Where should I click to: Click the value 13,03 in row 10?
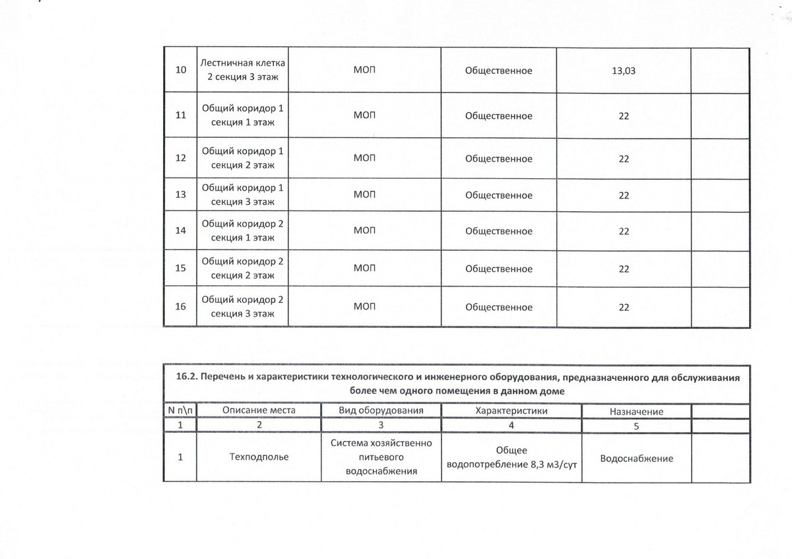click(x=623, y=71)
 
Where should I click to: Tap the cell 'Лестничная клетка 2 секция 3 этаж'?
click(x=242, y=71)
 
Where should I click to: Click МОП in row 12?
click(x=364, y=158)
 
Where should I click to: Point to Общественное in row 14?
click(x=498, y=231)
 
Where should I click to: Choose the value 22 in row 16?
click(x=623, y=307)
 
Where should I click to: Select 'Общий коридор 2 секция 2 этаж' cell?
click(x=242, y=269)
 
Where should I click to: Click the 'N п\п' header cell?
click(x=180, y=411)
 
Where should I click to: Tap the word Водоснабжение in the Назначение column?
click(x=636, y=458)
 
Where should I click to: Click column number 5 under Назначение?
click(x=636, y=426)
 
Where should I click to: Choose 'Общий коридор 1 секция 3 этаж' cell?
click(x=242, y=195)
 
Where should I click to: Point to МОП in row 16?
click(x=364, y=307)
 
